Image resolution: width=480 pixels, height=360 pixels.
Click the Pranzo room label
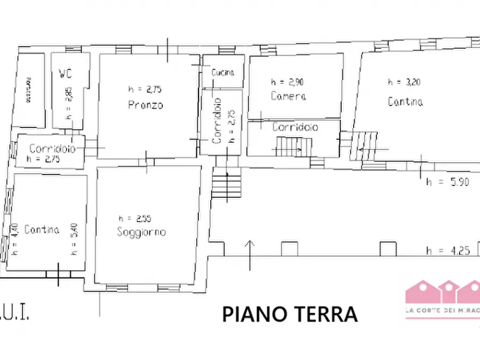click(x=145, y=105)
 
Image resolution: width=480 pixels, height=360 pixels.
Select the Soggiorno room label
click(x=141, y=232)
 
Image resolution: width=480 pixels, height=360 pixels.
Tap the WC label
click(x=65, y=73)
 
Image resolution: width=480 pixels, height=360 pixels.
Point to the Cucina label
click(x=223, y=72)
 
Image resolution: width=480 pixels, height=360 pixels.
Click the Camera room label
click(x=289, y=96)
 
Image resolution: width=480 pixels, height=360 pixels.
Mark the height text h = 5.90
click(x=447, y=182)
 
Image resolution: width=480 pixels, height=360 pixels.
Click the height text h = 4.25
click(x=447, y=250)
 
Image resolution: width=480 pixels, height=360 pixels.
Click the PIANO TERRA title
click(x=290, y=314)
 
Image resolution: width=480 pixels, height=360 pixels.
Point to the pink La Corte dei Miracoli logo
click(x=442, y=298)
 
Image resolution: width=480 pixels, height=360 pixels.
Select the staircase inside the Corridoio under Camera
click(x=293, y=146)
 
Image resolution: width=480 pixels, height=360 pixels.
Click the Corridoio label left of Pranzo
click(x=52, y=149)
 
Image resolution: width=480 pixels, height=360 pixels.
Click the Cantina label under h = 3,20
click(x=405, y=101)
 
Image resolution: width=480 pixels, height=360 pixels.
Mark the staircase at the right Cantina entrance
click(x=366, y=145)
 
